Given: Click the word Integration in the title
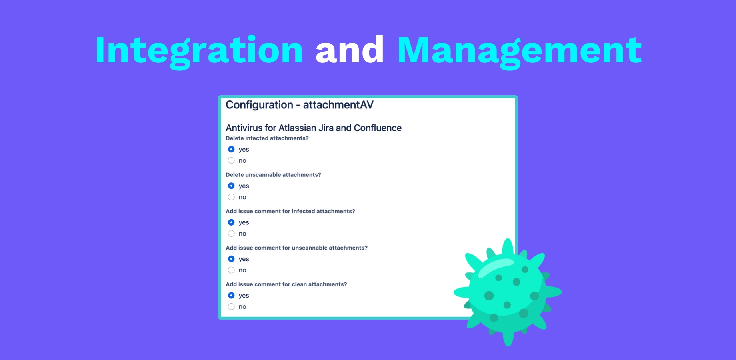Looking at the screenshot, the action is [x=199, y=51].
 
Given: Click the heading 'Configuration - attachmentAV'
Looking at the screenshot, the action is [x=300, y=105].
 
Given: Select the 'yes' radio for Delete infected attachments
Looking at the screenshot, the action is [x=231, y=149].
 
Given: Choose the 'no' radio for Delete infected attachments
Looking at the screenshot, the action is [x=231, y=160].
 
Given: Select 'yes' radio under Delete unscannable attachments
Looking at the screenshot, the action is [x=231, y=186].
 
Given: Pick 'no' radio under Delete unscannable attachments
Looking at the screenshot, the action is [x=231, y=197].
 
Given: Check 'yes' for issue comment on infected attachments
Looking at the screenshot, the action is [x=231, y=222].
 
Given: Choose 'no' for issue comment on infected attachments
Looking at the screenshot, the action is [x=231, y=234].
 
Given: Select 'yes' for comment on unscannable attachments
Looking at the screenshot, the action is [x=231, y=259].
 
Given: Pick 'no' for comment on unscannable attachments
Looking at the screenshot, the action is [x=231, y=270].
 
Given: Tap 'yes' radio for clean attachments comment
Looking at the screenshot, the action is [x=231, y=295].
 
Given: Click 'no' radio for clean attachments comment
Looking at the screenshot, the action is [x=231, y=306].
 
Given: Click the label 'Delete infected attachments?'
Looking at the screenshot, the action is [x=267, y=138].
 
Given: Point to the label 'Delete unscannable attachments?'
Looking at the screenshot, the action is [x=273, y=175].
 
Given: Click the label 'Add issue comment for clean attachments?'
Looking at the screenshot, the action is [x=286, y=284].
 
